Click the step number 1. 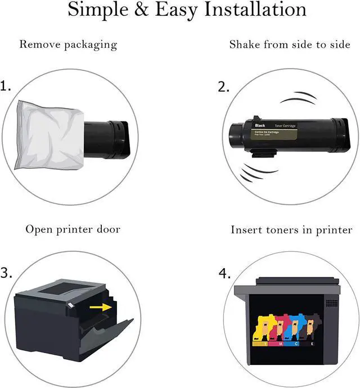point(6,87)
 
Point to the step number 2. point(223,87)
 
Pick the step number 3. point(6,273)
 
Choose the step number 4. point(224,273)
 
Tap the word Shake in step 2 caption point(246,44)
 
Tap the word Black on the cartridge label point(260,125)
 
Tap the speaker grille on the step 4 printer point(332,303)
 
